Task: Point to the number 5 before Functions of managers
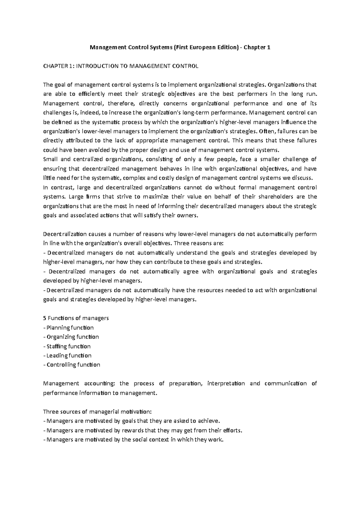tap(45, 318)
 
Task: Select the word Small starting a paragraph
tap(50, 159)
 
